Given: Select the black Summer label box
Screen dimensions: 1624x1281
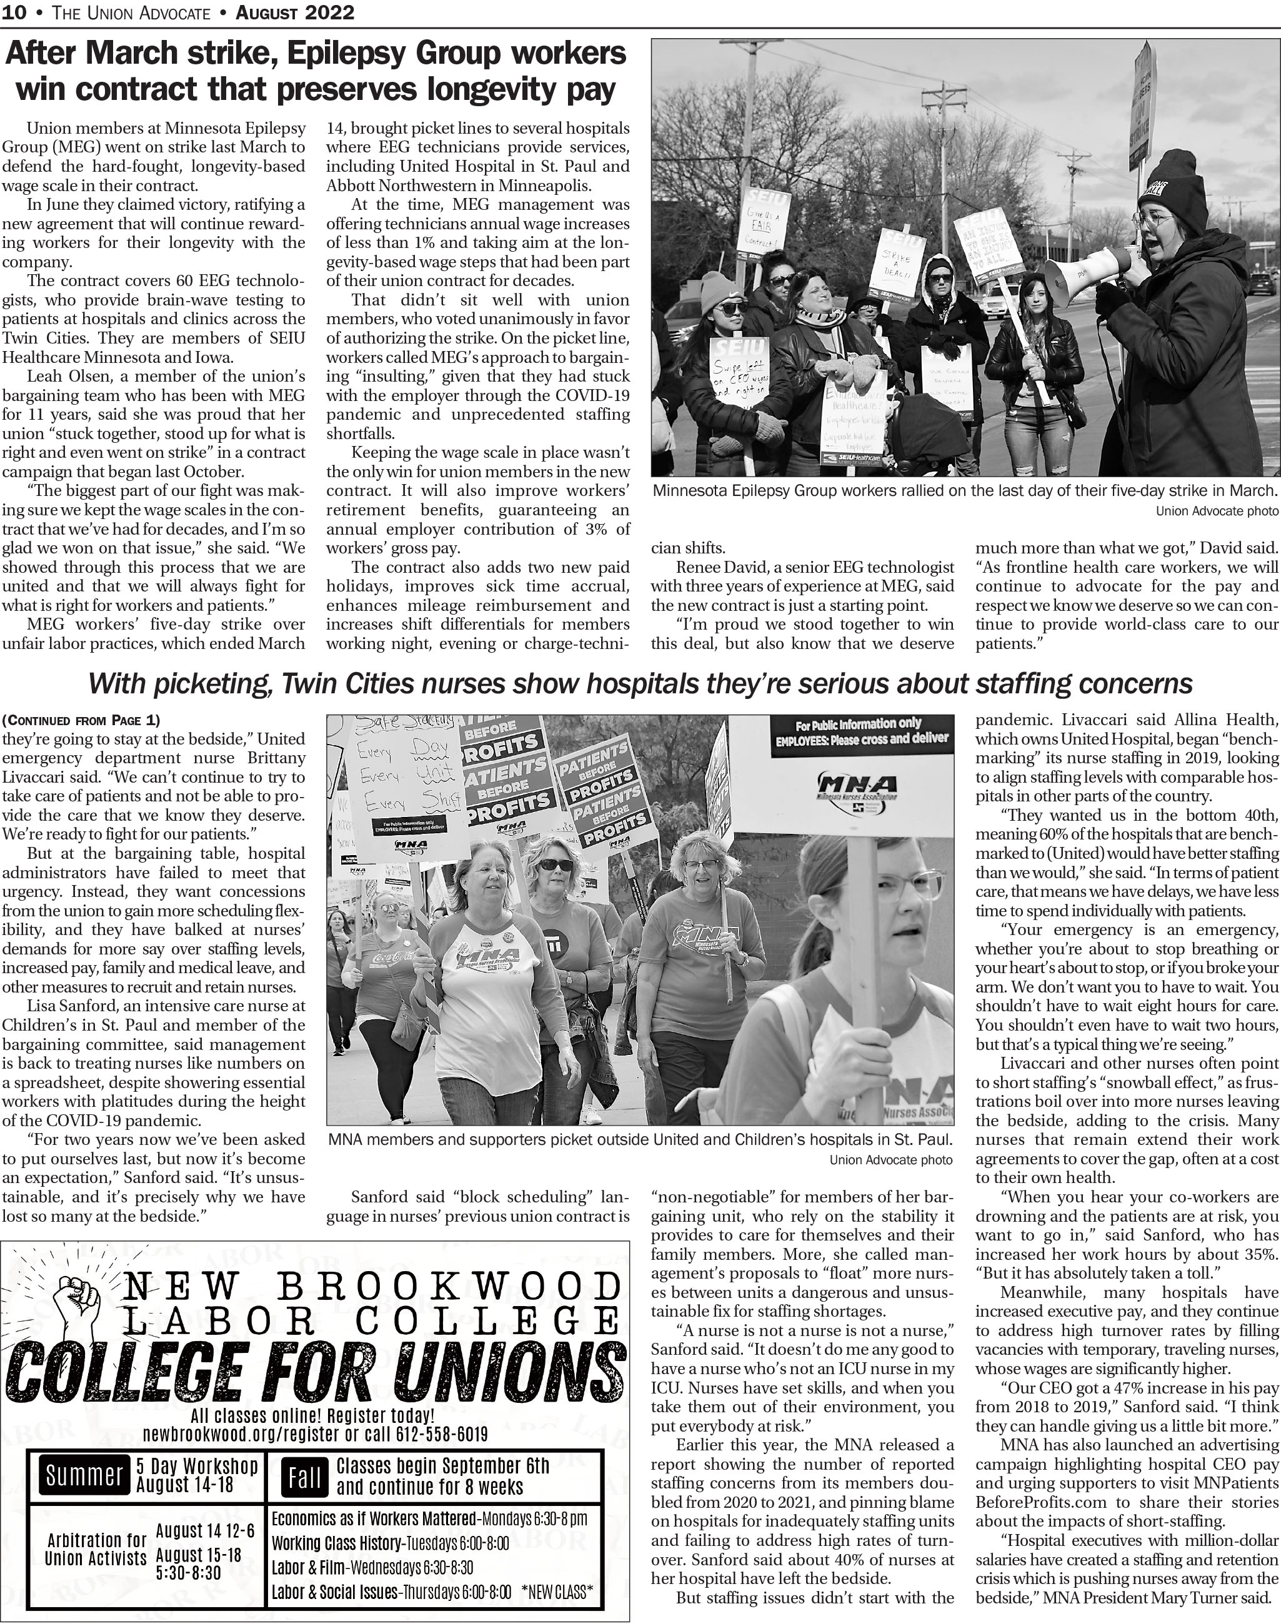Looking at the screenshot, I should (x=83, y=1474).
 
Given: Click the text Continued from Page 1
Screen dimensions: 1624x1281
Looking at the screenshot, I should (x=81, y=721).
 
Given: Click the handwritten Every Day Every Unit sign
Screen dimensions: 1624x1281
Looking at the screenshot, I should (x=406, y=780).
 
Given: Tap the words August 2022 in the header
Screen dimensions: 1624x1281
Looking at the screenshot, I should (x=295, y=12).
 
